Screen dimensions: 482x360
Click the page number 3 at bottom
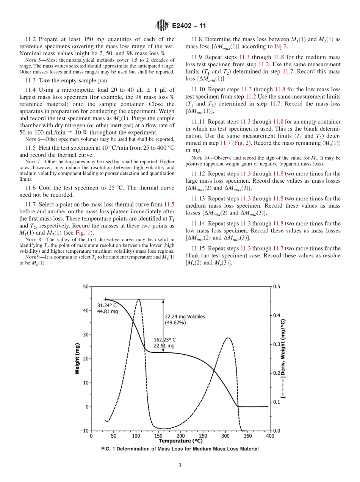180,465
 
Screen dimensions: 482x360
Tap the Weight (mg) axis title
77,358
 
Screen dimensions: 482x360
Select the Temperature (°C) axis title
180,441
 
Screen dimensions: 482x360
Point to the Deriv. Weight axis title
283,358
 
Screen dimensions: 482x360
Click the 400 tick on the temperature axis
270,436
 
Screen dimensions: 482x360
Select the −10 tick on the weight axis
84,431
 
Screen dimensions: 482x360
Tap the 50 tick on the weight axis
85,286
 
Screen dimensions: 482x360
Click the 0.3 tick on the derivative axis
277,344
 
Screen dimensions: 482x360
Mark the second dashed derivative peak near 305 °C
227,338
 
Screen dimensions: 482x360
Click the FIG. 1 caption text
180,449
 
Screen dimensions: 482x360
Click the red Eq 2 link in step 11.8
281,47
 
